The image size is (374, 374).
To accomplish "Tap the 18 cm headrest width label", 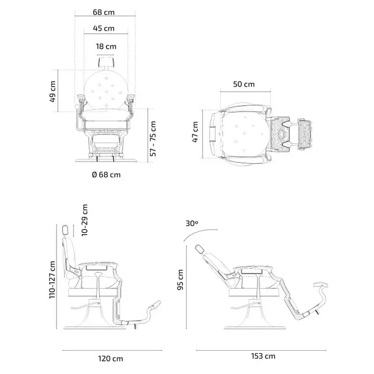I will click(106, 46).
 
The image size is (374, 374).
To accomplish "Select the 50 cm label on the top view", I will click(244, 84).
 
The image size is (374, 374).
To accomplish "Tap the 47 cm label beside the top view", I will click(195, 132).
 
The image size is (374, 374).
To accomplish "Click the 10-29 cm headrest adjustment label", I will click(85, 220).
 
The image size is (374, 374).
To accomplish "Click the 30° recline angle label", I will click(192, 223).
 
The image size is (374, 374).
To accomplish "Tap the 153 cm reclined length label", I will click(264, 357).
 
